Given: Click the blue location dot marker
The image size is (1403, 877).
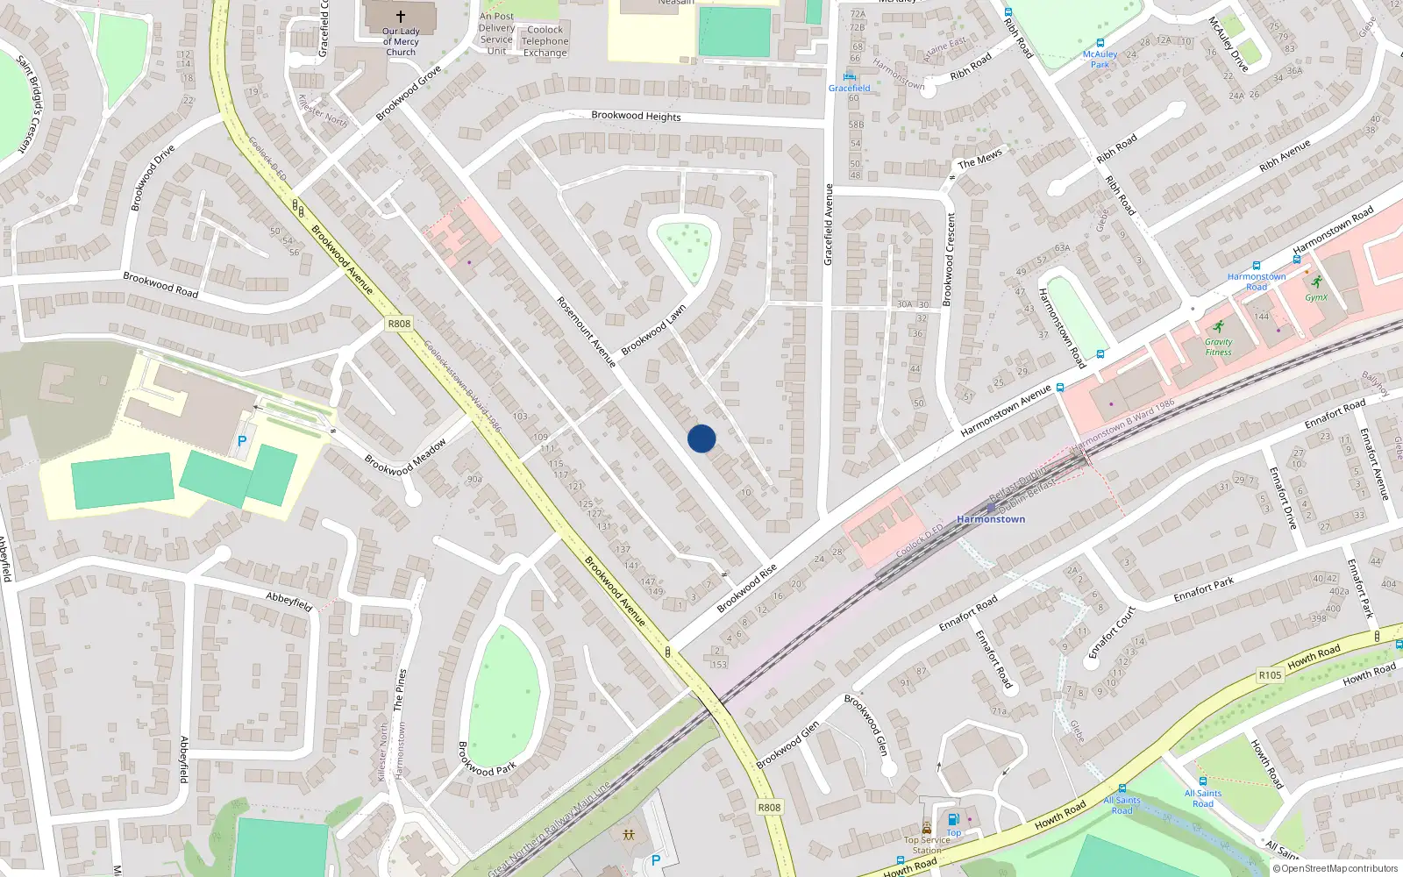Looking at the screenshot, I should coord(701,438).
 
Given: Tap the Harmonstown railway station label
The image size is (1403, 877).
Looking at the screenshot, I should coord(991,519).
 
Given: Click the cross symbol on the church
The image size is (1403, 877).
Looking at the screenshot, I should coord(401,17).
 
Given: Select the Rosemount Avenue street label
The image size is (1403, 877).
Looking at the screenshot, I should coord(586,332).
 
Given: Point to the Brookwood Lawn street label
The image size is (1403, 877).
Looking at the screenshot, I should coord(653,331).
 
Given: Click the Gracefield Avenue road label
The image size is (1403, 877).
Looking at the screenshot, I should coord(828,225).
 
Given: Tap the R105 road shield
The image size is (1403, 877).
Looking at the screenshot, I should coord(1270,675).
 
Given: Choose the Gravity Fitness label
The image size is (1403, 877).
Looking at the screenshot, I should coord(1218,347).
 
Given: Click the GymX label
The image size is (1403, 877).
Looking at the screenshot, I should coord(1316,297).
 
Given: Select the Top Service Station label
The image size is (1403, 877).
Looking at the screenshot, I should coord(927,845).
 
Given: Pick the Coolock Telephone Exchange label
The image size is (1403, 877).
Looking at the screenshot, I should coord(545,41).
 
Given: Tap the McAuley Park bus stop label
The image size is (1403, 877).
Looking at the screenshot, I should coord(1100,60).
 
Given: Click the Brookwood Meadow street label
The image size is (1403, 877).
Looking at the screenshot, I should coord(405,457).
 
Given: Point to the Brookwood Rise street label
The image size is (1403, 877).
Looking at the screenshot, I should coord(747,588).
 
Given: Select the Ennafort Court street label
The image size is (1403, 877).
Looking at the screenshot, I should coord(1112,632).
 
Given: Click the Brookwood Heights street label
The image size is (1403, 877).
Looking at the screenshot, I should coord(636,116).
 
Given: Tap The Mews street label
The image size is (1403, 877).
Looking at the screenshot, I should coord(979,160).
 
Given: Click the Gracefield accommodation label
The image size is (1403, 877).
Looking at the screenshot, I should coord(849,88).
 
